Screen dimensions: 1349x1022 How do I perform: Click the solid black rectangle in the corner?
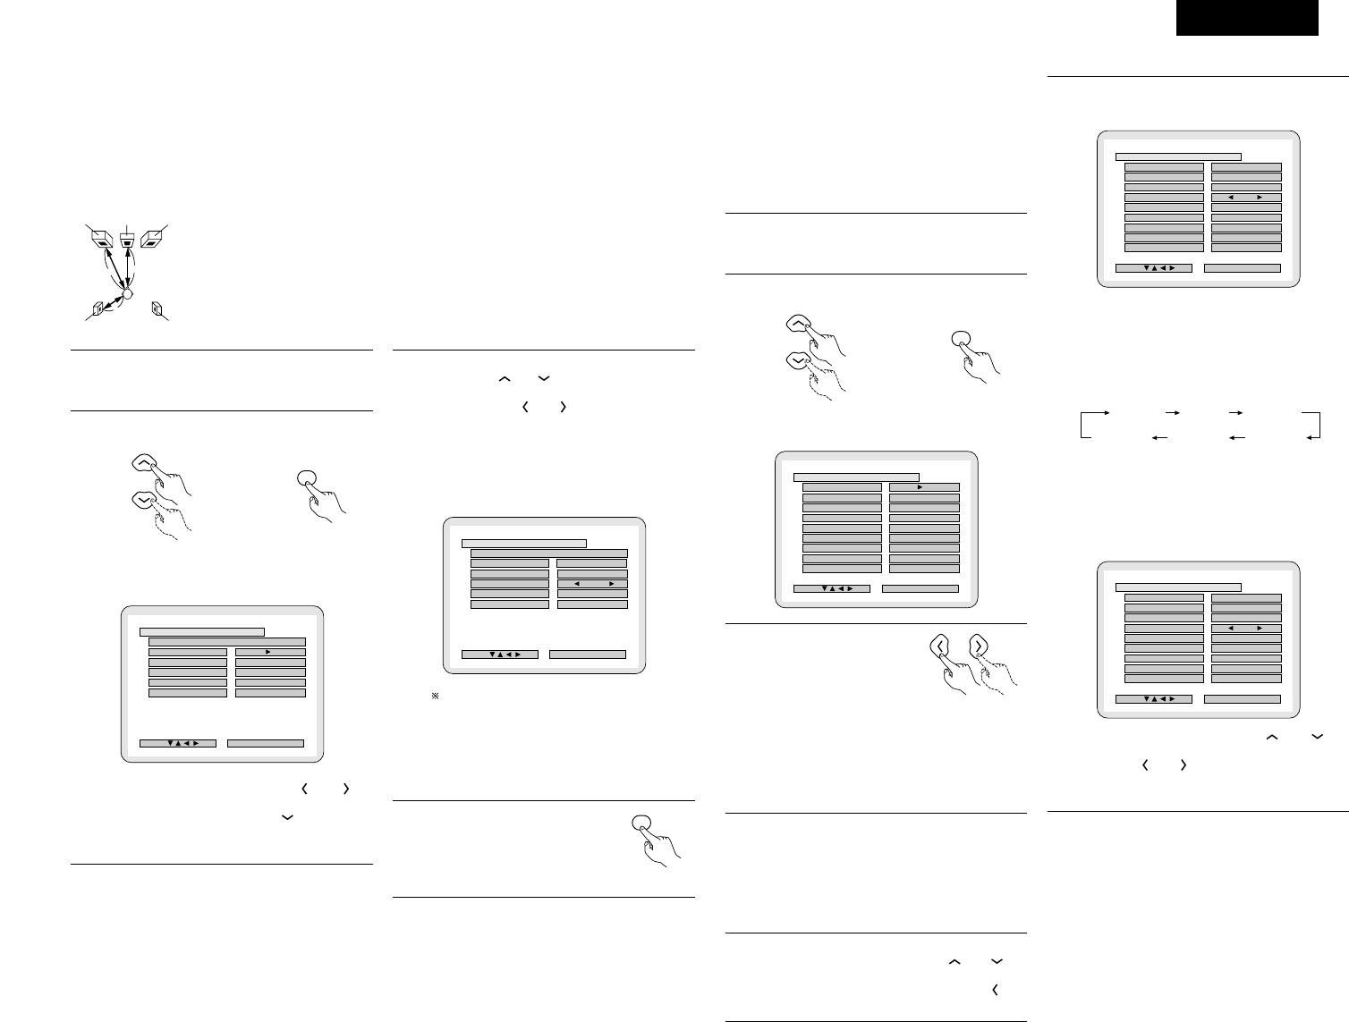pyautogui.click(x=1247, y=18)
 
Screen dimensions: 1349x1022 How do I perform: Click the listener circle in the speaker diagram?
pyautogui.click(x=127, y=292)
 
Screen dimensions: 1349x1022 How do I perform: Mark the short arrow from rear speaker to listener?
pyautogui.click(x=111, y=302)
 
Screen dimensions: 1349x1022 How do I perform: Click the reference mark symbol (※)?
pyautogui.click(x=435, y=696)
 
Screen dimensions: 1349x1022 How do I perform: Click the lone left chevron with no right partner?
pyautogui.click(x=995, y=990)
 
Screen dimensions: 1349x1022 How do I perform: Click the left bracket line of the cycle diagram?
pyautogui.click(x=1082, y=425)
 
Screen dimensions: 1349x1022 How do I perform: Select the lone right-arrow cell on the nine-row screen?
pyautogui.click(x=924, y=487)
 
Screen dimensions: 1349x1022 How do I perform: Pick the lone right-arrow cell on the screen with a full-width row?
pyautogui.click(x=270, y=652)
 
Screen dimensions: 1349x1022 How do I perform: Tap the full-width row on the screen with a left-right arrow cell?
pyautogui.click(x=549, y=553)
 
